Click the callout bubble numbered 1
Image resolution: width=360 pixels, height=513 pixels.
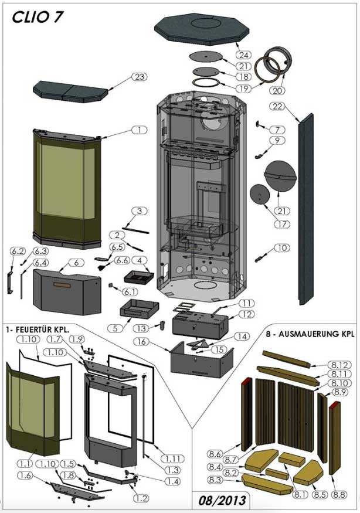click(139, 130)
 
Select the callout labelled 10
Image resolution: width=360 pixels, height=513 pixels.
click(281, 248)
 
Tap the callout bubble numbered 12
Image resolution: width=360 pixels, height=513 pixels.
click(246, 315)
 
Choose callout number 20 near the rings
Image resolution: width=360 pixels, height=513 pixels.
click(277, 90)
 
